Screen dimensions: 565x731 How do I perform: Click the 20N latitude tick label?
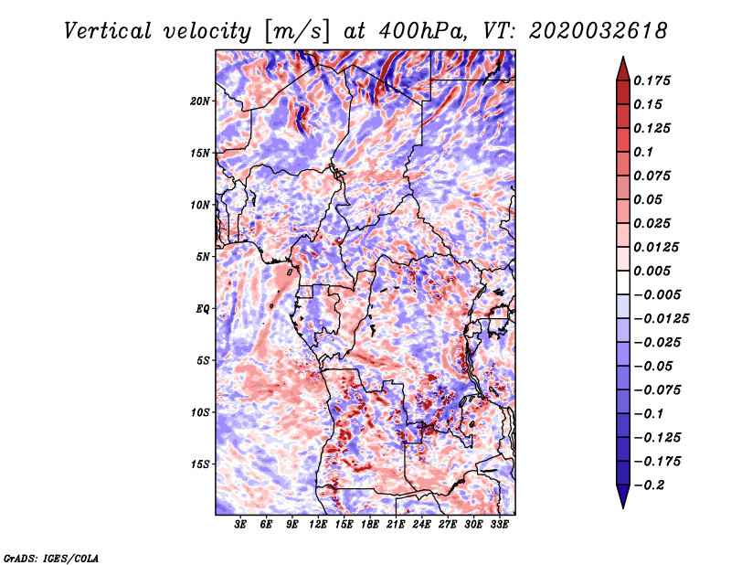coord(201,101)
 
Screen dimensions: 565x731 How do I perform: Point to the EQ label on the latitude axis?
coord(203,308)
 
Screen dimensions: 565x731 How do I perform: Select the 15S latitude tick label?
coord(201,464)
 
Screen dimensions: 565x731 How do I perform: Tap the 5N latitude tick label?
coord(204,256)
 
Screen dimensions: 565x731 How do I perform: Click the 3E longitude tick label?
coord(240,525)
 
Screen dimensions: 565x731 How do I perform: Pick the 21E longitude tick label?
coord(396,525)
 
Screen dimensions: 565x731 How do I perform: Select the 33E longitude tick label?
coord(499,525)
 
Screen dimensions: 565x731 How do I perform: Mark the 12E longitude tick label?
coord(318,525)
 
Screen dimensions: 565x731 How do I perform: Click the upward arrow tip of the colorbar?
coord(622,59)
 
